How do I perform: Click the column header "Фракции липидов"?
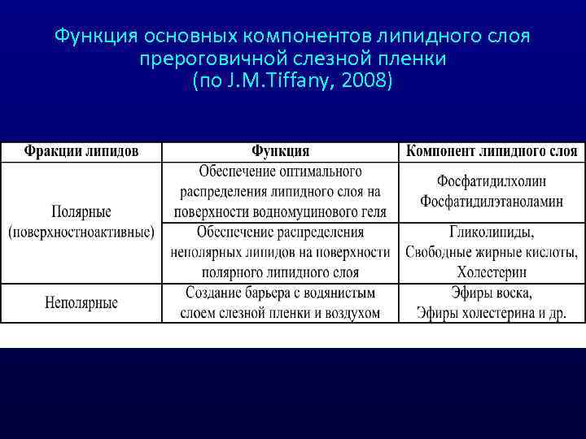[x=81, y=151]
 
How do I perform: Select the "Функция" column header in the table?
[x=280, y=151]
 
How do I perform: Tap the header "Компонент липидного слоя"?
[x=491, y=151]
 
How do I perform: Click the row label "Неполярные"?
[x=81, y=302]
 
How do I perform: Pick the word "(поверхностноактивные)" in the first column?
[x=81, y=232]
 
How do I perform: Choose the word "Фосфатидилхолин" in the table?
[x=491, y=181]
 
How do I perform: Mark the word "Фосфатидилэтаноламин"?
[x=491, y=202]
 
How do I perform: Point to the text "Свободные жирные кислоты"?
[x=491, y=252]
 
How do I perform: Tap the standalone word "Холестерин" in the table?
[x=491, y=272]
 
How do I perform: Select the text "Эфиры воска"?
[x=491, y=293]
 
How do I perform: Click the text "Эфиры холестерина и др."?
[x=491, y=313]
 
